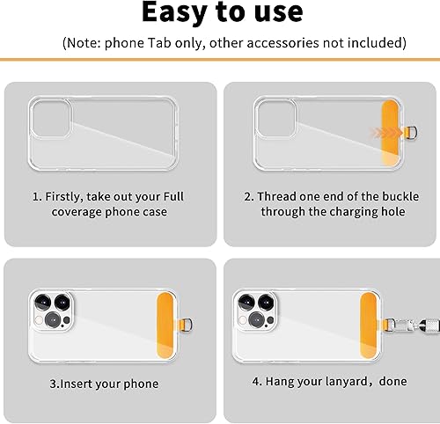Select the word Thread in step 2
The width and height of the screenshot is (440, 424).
[281, 195]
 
